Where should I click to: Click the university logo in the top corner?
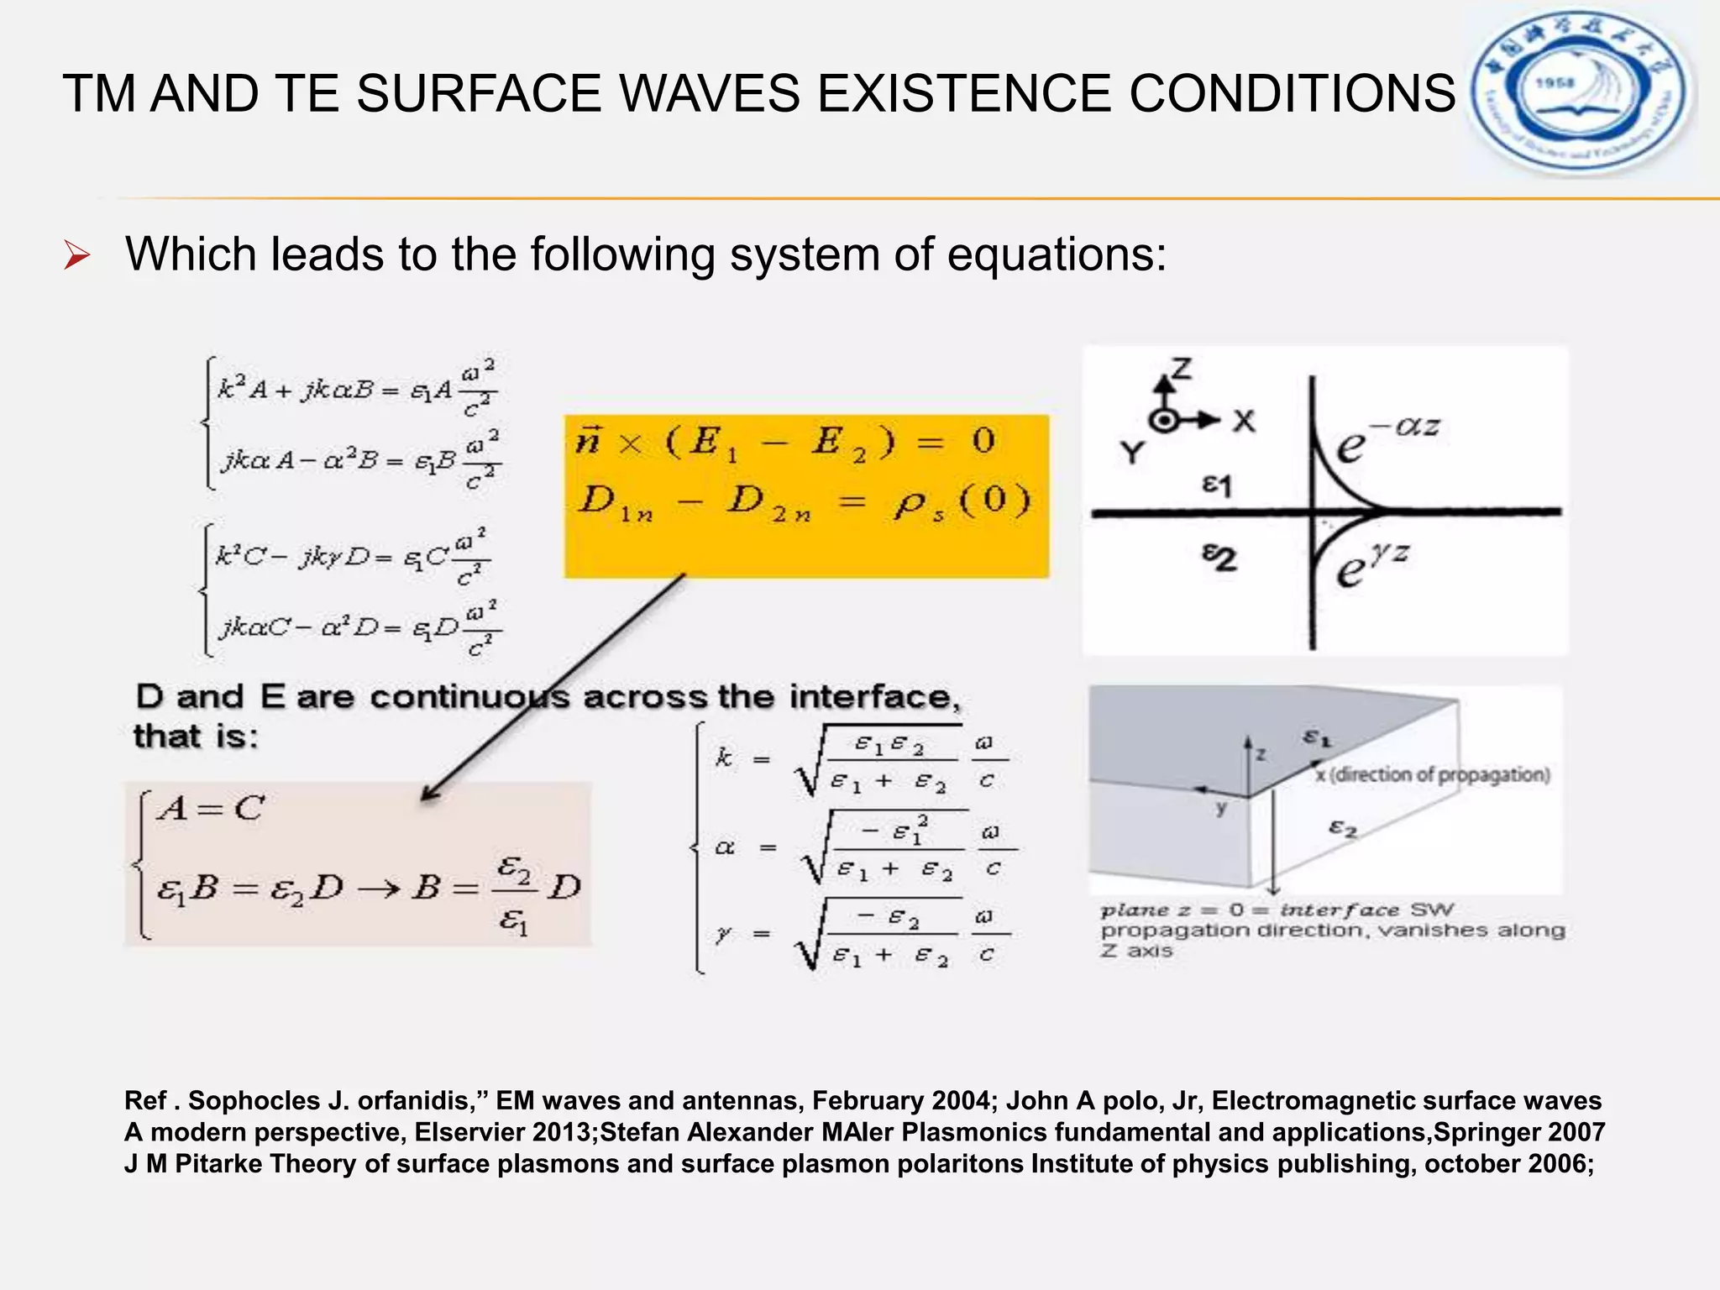click(1581, 89)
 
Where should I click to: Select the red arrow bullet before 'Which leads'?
click(76, 255)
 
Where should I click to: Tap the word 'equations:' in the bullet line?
click(1057, 254)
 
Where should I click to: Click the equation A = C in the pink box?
click(212, 808)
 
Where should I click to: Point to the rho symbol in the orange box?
click(910, 503)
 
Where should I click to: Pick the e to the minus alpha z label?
click(1386, 438)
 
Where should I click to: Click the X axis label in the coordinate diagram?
click(1244, 421)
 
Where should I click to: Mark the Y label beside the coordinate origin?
click(1133, 454)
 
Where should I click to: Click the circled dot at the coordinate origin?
click(1163, 420)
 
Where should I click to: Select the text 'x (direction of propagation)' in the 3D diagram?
click(1433, 774)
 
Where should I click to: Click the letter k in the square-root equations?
click(723, 758)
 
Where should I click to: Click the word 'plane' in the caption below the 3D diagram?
click(1135, 910)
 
